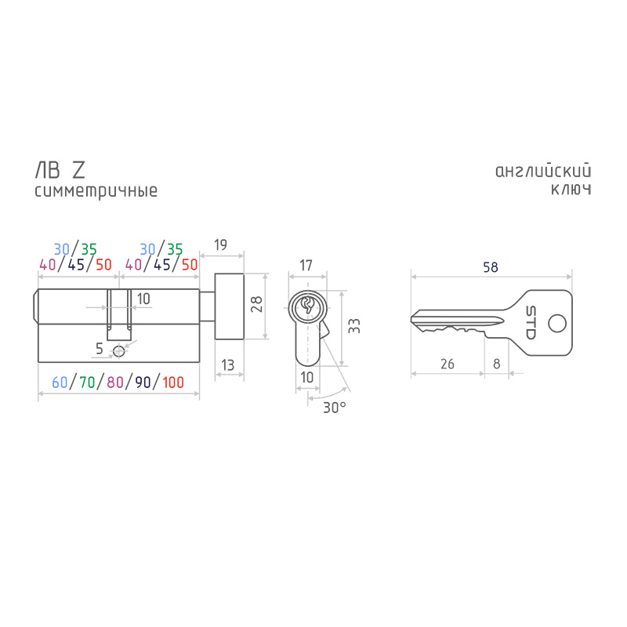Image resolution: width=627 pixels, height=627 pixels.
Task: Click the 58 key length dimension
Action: point(491,266)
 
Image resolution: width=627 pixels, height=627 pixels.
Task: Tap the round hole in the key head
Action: point(557,323)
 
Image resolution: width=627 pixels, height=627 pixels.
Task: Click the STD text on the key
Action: point(531,322)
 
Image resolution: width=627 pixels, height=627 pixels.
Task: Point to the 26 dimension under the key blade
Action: point(447,364)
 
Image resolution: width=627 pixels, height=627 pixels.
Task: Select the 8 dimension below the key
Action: point(496,364)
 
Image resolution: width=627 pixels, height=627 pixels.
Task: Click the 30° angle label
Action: point(335,408)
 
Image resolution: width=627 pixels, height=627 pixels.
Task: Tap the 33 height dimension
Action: point(354,326)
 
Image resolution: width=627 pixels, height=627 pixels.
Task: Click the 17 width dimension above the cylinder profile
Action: point(306,265)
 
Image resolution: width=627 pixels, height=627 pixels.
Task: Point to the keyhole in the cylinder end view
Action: point(307,306)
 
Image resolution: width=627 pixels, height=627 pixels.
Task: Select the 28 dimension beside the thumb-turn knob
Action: point(256,304)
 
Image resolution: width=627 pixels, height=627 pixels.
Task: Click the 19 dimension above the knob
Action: point(220,245)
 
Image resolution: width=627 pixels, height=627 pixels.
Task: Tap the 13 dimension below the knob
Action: point(227,364)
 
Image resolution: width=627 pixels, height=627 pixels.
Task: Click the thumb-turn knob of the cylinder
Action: point(229,306)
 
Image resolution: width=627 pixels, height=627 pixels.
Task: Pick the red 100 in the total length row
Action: point(173,382)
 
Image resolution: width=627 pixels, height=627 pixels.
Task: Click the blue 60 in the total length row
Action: point(60,382)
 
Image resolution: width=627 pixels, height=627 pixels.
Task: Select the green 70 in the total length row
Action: point(87,382)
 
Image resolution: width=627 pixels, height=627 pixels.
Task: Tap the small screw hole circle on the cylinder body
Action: point(119,351)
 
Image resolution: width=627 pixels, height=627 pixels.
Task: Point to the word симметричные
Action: point(96,191)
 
